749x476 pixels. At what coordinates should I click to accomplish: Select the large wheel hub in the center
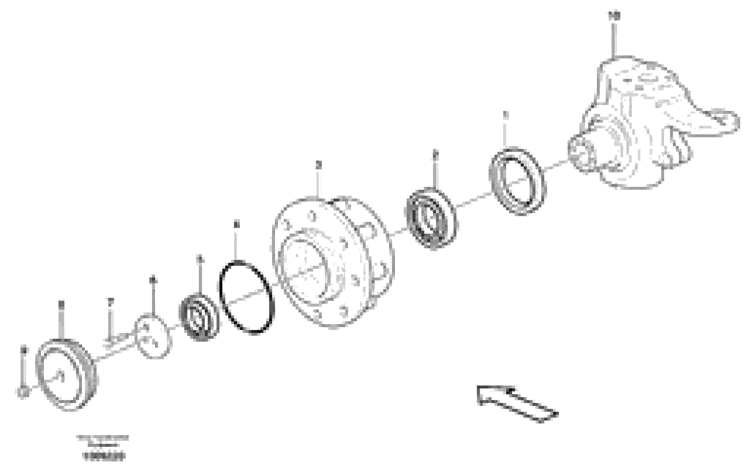(x=333, y=261)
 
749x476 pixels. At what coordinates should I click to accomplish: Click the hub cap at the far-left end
(x=67, y=375)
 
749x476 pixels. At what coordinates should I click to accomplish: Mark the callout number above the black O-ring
(x=237, y=224)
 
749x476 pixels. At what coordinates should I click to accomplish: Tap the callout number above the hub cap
(x=61, y=304)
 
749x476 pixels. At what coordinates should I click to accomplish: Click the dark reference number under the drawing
(x=104, y=456)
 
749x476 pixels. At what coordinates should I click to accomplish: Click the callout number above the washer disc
(x=152, y=280)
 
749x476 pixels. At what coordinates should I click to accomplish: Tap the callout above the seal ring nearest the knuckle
(x=505, y=115)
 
